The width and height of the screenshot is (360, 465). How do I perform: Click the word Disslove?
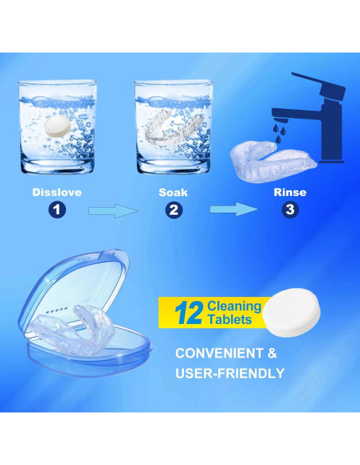[57, 193]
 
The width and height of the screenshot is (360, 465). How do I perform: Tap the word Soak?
[174, 193]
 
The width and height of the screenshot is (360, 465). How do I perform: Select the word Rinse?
[289, 193]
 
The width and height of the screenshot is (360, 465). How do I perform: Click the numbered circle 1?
[57, 210]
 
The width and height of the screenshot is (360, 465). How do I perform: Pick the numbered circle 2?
[174, 210]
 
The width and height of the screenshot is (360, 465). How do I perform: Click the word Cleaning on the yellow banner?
[234, 306]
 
